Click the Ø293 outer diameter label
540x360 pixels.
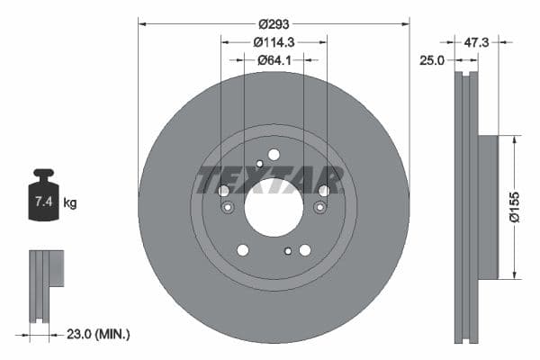tap(274, 24)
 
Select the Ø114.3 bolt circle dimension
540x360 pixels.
tap(274, 42)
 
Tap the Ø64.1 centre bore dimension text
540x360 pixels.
tap(274, 60)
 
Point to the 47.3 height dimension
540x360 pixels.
tap(479, 41)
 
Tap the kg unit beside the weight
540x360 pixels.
tap(70, 203)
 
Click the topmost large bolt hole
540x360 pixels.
tap(274, 155)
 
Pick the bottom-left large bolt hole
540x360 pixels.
tap(242, 250)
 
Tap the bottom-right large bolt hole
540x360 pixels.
tap(305, 250)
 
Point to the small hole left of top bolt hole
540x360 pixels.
tap(259, 163)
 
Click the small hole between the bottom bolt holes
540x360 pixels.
tap(287, 252)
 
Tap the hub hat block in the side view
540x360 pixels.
tap(486, 207)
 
